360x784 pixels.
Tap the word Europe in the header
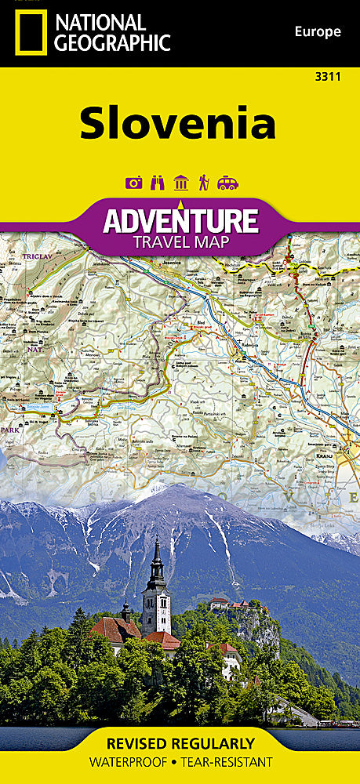tap(317, 32)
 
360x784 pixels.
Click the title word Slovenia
tap(177, 124)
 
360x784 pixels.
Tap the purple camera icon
tap(134, 183)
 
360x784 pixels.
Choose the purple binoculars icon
tap(157, 183)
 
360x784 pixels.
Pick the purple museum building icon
tap(180, 183)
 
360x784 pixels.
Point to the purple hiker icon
tap(203, 183)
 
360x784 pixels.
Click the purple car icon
tap(227, 183)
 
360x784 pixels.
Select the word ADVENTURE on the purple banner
tap(180, 220)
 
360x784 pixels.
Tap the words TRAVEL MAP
tap(180, 241)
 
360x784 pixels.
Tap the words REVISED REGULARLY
tap(180, 743)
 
